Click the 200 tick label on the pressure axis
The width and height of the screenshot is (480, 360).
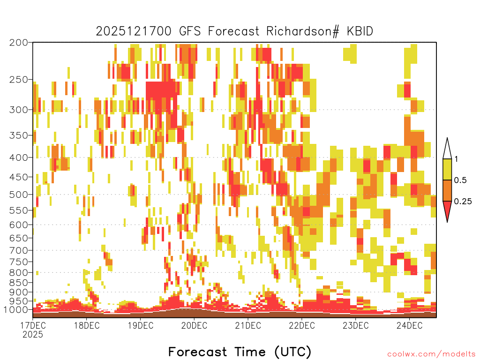point(18,43)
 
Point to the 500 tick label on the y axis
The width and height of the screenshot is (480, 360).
point(18,195)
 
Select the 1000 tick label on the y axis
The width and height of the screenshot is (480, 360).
point(16,310)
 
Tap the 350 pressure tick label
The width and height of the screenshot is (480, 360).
point(18,135)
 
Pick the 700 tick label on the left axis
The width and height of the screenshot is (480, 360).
point(18,250)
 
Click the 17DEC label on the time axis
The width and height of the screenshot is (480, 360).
point(33,325)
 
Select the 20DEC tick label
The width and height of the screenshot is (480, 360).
point(194,325)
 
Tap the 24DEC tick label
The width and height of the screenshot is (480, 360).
point(410,325)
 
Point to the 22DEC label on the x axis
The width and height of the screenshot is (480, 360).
point(302,325)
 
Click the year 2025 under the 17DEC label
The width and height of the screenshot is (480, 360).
point(33,334)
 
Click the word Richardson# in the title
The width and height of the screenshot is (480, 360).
point(303,31)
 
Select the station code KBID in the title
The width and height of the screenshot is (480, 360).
point(360,31)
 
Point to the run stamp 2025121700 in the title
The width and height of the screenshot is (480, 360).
point(134,31)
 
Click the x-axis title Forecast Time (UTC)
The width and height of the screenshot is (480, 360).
point(240,352)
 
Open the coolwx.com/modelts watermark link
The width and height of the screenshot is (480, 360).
point(432,354)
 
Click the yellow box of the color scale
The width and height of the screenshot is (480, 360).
point(447,169)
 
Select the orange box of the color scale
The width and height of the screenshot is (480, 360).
point(447,190)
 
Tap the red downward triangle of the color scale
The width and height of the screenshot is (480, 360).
point(447,210)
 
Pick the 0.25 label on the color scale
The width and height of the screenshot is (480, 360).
point(463,202)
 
